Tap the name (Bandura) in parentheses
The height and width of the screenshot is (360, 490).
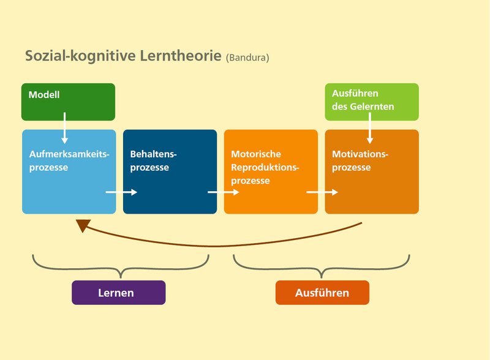(x=247, y=58)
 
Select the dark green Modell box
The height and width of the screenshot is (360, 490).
(x=68, y=102)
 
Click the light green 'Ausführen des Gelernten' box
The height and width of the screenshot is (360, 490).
(x=371, y=101)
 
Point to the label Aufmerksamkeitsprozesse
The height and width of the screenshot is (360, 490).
(x=69, y=160)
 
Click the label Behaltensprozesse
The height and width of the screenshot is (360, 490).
(x=157, y=160)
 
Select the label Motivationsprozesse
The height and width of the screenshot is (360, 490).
(x=360, y=160)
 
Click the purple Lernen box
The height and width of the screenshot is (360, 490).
(x=118, y=293)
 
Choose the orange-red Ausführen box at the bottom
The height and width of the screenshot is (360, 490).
(x=322, y=293)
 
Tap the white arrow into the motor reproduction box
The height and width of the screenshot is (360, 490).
(x=223, y=192)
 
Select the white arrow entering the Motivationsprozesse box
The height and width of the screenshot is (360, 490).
(x=322, y=192)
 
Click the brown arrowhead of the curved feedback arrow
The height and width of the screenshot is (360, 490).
(x=84, y=225)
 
